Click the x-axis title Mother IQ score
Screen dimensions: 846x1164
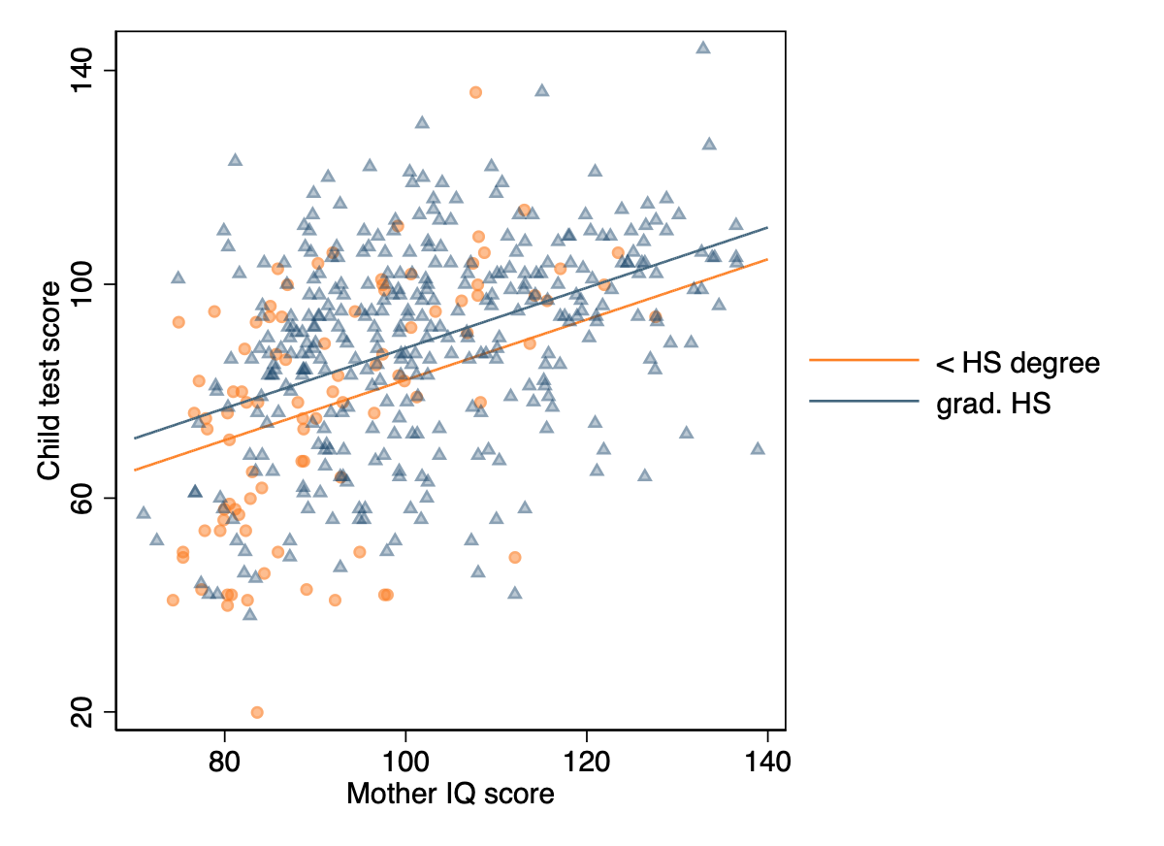450,795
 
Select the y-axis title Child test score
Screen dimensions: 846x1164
48,380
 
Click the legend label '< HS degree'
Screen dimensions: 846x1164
1017,364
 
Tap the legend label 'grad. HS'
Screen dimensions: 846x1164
992,404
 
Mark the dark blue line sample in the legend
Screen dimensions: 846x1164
863,401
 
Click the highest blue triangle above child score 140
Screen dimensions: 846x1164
703,48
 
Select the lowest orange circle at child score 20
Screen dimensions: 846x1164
257,712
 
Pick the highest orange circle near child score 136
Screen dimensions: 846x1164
475,92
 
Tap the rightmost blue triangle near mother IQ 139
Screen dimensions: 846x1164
758,448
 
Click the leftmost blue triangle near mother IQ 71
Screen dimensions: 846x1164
144,512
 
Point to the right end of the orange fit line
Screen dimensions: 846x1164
767,259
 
